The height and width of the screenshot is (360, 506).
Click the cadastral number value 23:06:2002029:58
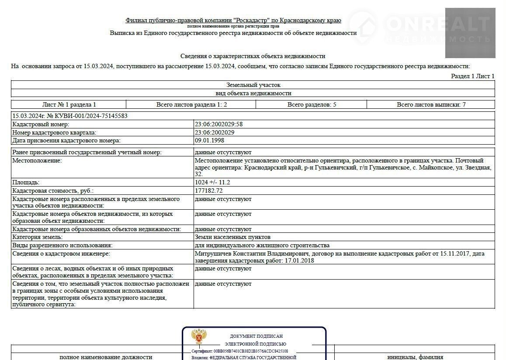(218, 124)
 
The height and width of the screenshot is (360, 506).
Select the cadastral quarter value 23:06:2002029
(215, 132)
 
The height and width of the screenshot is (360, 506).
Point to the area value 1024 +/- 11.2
(212, 182)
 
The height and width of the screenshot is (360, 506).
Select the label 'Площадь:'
(26, 182)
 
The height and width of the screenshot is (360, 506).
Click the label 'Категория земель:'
(38, 237)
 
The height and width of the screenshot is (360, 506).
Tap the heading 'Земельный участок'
(253, 85)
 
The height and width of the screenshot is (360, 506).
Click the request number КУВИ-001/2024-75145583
(87, 116)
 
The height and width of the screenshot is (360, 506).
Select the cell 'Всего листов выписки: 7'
(431, 104)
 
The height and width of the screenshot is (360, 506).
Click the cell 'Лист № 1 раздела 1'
(69, 104)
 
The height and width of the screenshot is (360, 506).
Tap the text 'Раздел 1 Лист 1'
(472, 76)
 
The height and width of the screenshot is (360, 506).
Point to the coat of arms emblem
(199, 337)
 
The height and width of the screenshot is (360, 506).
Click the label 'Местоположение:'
(37, 160)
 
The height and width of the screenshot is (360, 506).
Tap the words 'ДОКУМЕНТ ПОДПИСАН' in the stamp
(256, 336)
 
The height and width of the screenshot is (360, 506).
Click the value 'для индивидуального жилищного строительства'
(262, 245)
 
